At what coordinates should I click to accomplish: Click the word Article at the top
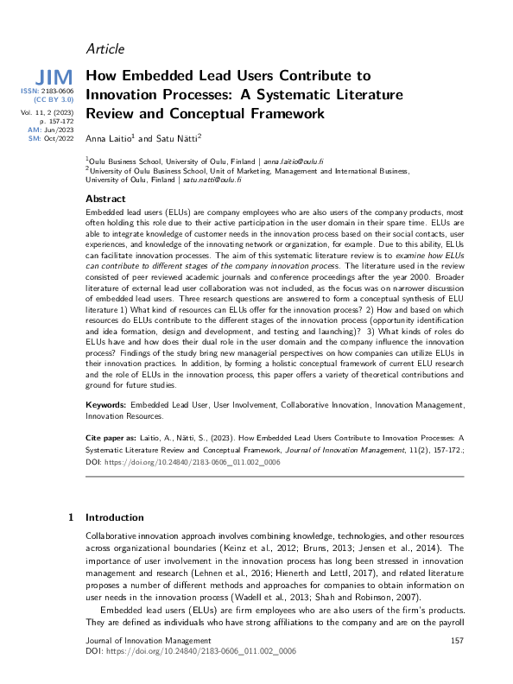pyautogui.click(x=105, y=48)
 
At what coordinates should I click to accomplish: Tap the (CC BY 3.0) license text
pyautogui.click(x=53, y=100)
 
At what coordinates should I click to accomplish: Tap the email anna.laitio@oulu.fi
pyautogui.click(x=294, y=161)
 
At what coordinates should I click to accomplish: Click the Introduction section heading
pyautogui.click(x=114, y=518)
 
